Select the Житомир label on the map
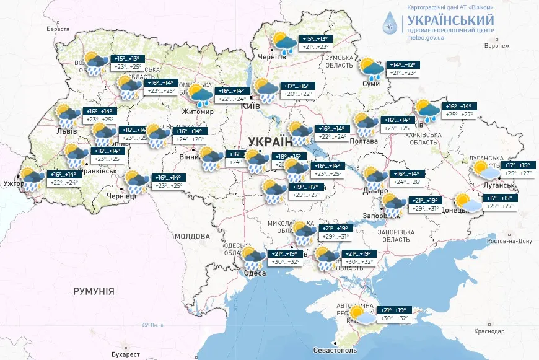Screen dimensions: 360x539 [198, 112]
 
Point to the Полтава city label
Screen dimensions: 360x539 [365, 141]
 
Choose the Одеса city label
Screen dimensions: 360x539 [255, 273]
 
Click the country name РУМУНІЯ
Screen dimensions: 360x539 [94, 291]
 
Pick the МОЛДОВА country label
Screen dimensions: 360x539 [192, 236]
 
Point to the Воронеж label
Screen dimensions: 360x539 [497, 46]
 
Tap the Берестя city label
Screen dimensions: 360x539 [58, 29]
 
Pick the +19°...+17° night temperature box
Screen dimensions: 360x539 [305, 187]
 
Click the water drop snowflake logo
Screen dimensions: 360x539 [390, 22]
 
